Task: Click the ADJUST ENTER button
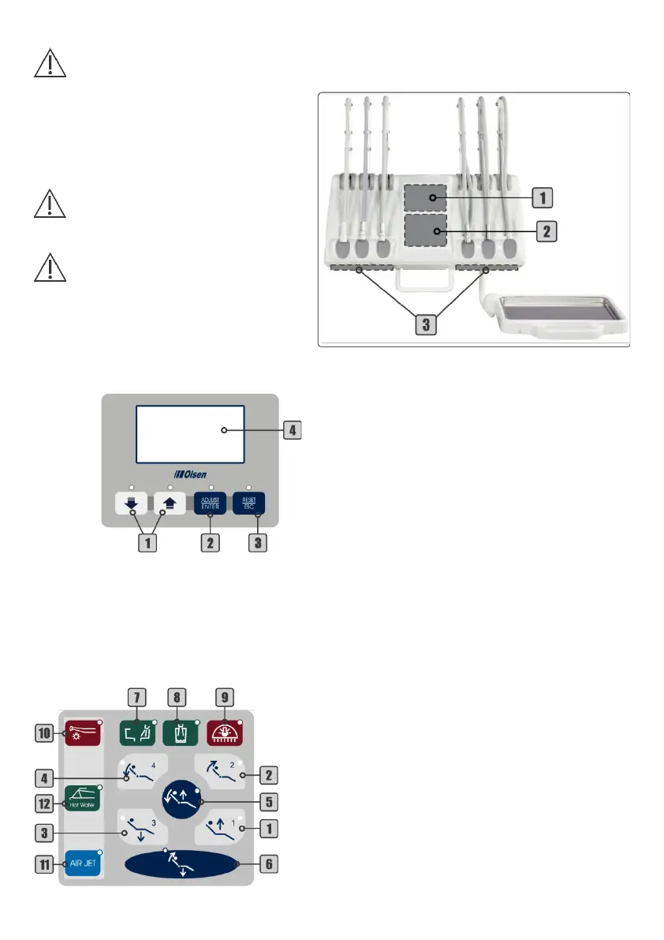click(210, 503)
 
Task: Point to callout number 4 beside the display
click(292, 431)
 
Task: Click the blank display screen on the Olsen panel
click(189, 434)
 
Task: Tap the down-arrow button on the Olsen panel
click(132, 504)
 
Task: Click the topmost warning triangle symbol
click(50, 62)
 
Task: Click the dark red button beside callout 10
click(83, 732)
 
